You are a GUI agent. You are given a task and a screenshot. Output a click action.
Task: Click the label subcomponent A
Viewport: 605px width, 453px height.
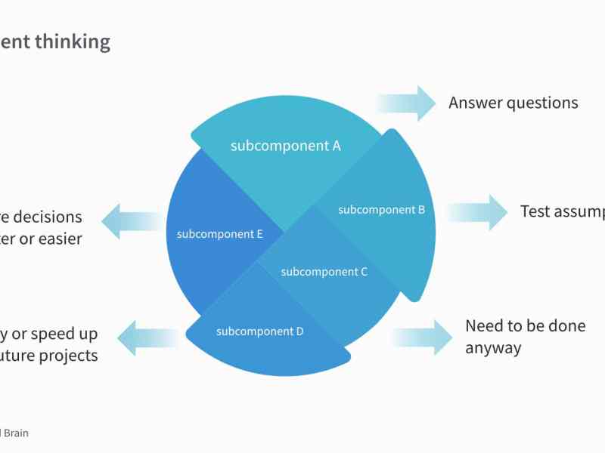[x=285, y=146]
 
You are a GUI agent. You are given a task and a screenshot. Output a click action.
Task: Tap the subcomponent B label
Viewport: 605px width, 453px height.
[x=381, y=210]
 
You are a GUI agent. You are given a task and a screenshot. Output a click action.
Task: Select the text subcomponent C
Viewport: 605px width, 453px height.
[x=324, y=272]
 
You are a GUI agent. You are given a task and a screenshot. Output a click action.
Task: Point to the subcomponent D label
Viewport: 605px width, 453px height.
[x=259, y=331]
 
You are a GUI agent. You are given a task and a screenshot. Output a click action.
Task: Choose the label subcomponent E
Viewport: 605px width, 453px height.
[x=219, y=234]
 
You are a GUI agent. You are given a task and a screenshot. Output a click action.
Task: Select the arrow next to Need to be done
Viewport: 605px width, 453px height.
[x=423, y=337]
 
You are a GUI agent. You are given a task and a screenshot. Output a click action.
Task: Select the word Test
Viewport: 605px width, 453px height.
[x=535, y=211]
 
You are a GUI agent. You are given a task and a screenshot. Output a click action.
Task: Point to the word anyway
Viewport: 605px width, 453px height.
[x=493, y=348]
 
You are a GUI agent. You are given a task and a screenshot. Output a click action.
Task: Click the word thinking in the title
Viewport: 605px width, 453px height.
[x=73, y=42]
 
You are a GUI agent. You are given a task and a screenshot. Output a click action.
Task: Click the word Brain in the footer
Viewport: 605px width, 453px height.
[x=17, y=433]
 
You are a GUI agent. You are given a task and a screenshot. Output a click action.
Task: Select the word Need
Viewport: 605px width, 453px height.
[x=484, y=326]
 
